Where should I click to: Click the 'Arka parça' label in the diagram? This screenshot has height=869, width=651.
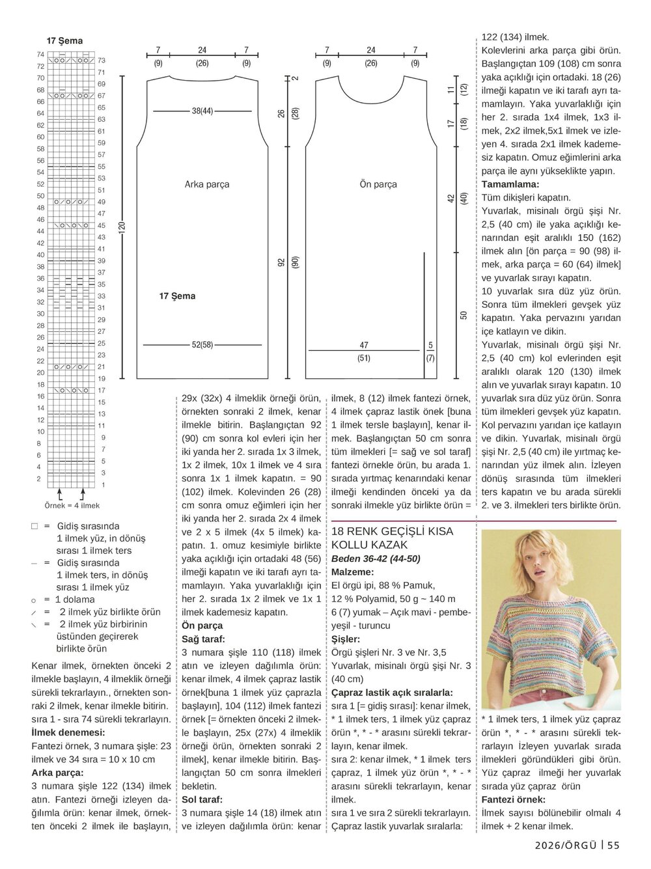207,184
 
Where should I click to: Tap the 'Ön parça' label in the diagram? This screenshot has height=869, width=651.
378,184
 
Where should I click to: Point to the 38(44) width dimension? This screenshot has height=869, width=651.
202,111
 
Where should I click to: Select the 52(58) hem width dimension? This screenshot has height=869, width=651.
202,344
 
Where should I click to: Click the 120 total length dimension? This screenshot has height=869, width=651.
122,227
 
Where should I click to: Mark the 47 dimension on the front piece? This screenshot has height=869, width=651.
364,345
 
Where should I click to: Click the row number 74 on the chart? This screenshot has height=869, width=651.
40,55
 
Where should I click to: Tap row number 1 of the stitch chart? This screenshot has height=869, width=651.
103,485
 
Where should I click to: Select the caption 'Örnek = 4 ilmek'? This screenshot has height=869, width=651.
72,505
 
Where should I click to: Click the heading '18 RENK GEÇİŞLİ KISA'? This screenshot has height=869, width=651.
392,531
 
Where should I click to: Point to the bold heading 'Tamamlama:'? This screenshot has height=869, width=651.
510,184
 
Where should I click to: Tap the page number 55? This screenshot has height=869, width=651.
613,845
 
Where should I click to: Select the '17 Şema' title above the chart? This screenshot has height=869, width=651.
64,40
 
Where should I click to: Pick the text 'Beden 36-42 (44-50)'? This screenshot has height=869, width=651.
376,559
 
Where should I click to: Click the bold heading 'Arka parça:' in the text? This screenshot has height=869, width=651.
57,773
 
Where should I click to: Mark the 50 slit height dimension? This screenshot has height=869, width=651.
464,314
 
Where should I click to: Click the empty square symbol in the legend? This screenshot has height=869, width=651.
35,526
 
